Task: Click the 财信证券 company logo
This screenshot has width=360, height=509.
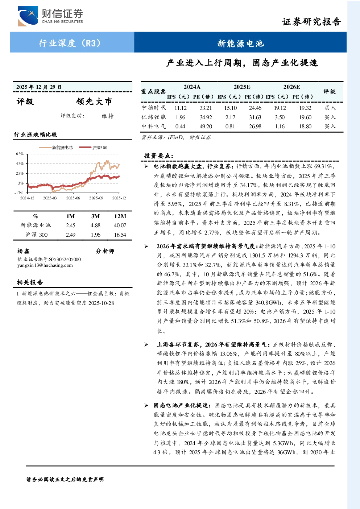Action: click(x=50, y=16)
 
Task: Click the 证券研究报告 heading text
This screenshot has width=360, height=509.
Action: click(x=311, y=22)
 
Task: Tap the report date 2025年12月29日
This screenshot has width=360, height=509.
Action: click(x=39, y=87)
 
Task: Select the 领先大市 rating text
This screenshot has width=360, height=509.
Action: click(x=94, y=102)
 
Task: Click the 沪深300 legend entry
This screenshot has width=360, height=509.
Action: click(x=93, y=148)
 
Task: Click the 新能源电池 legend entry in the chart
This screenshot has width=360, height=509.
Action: click(x=56, y=148)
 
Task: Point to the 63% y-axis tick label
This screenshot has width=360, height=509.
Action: click(x=20, y=154)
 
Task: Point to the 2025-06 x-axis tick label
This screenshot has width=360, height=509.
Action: click(x=73, y=198)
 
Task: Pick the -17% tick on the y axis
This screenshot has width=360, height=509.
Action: click(x=19, y=193)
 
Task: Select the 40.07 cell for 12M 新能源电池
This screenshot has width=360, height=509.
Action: click(x=120, y=225)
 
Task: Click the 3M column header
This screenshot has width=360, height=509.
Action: click(x=95, y=216)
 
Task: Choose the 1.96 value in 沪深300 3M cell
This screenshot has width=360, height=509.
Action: click(x=95, y=235)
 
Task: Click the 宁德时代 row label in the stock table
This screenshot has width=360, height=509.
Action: click(x=154, y=108)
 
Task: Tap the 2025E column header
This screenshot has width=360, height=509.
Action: click(x=242, y=87)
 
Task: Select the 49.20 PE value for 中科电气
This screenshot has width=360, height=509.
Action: click(x=206, y=127)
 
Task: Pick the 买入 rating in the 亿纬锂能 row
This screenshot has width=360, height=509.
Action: click(x=330, y=117)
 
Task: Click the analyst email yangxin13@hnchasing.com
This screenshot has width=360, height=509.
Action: click(x=45, y=265)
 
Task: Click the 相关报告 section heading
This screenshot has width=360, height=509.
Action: click(x=30, y=282)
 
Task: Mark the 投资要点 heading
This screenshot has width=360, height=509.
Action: click(x=159, y=156)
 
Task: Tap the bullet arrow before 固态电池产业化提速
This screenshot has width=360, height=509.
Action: click(x=146, y=405)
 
